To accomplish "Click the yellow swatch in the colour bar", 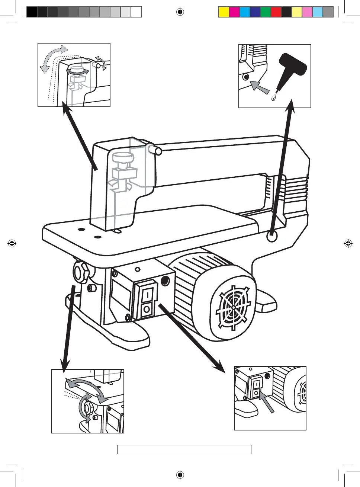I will pos(224,12).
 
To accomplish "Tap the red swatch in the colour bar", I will pos(276,12).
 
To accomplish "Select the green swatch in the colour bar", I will pos(265,12).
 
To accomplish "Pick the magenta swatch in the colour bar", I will pos(234,12).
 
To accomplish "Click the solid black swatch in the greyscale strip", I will pos(32,12).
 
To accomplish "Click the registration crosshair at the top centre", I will pos(180,12).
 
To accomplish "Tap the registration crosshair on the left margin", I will pos(12,244).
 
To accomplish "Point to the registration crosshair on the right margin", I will pos(348,244).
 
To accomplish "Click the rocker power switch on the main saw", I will pos(147,301).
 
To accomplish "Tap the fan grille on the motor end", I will pos(233,307).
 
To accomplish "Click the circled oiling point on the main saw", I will pos(272,236).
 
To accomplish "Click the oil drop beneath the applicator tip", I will pos(273,98).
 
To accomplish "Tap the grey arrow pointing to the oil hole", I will pos(259,87).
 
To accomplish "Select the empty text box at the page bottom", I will pos(184,449).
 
